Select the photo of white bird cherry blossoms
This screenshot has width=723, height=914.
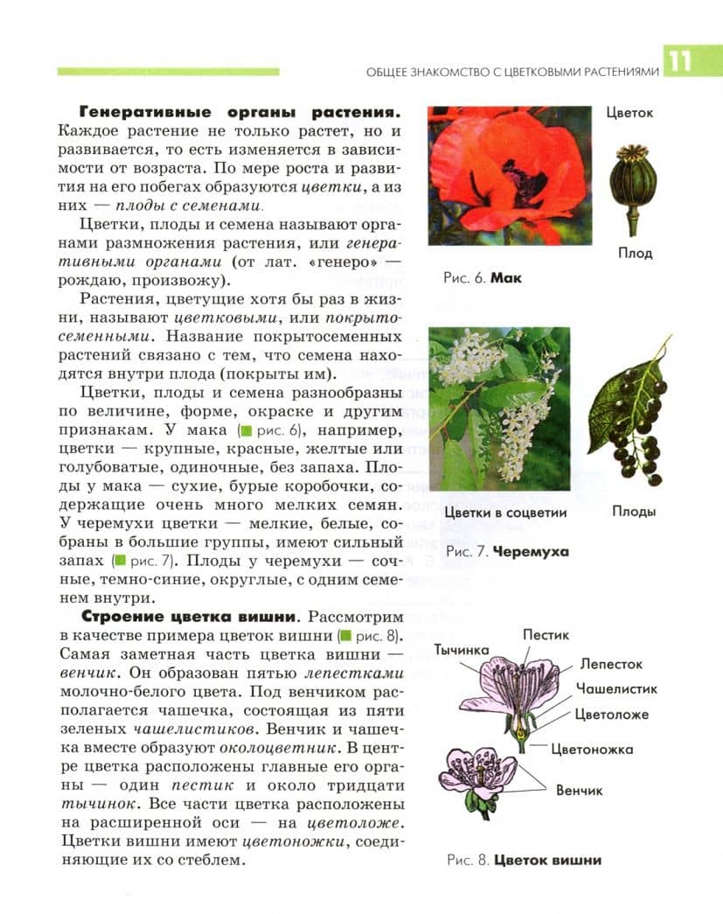(x=499, y=408)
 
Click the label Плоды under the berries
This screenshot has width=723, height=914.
(x=634, y=512)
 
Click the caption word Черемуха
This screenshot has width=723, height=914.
(x=531, y=552)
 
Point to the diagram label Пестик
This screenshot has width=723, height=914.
(x=546, y=633)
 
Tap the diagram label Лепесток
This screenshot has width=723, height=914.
(x=611, y=665)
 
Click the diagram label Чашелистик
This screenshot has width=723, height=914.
(x=616, y=689)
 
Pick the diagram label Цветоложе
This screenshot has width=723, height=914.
(x=611, y=715)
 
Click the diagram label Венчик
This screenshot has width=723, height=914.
(x=580, y=790)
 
